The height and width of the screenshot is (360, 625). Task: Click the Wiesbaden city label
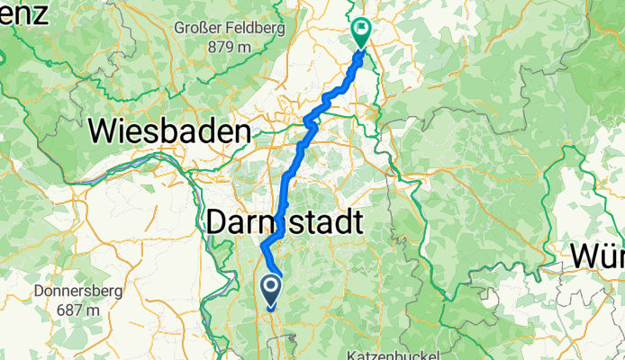click(170, 133)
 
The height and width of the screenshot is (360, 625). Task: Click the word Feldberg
click(257, 28)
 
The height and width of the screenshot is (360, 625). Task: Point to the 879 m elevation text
click(227, 46)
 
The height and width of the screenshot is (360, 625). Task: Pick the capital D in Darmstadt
click(221, 222)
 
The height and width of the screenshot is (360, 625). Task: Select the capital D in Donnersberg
click(36, 292)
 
